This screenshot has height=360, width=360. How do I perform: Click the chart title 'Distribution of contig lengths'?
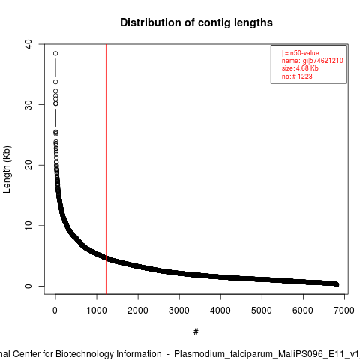(196, 22)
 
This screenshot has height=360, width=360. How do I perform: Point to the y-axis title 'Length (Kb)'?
(7, 169)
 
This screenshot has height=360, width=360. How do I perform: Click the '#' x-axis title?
(196, 331)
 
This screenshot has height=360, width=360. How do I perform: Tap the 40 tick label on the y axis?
(28, 44)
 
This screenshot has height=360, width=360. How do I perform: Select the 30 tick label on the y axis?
(28, 105)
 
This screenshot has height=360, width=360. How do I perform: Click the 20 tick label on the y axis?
(28, 165)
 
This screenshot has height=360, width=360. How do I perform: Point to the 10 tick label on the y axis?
(28, 226)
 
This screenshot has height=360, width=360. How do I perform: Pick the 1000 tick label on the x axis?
(97, 310)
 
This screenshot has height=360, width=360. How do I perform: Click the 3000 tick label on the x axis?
(179, 310)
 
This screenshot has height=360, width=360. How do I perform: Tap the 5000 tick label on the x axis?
(262, 310)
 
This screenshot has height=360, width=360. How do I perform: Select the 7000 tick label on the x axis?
(344, 310)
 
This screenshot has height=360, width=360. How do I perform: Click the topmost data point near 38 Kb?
(55, 53)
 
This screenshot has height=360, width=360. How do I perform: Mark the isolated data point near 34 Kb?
(55, 82)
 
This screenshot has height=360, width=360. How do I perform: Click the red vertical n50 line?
(106, 169)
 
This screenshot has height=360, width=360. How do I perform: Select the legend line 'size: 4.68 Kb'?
(300, 68)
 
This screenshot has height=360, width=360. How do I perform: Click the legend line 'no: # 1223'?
(297, 76)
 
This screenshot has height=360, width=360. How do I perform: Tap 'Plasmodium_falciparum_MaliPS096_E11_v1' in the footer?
(267, 354)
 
